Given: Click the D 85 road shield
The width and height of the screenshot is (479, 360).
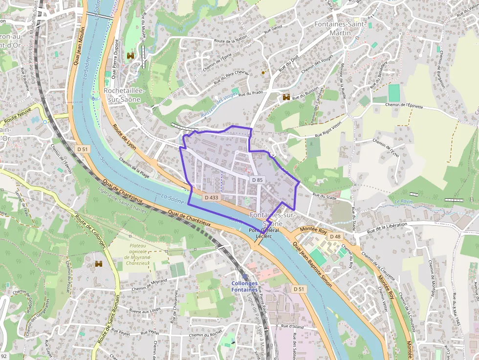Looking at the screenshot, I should click(258, 180).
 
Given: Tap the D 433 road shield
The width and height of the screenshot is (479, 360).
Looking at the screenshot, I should click(211, 197).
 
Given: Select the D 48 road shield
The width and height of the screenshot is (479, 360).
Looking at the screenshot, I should click(335, 237).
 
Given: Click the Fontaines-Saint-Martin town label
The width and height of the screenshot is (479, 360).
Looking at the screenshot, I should click(340, 28).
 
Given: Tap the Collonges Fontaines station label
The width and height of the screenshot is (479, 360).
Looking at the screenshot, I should click(244, 287).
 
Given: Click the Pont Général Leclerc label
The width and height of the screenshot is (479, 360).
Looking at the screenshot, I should click(263, 233).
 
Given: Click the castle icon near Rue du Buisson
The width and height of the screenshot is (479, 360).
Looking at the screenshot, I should click(286, 98).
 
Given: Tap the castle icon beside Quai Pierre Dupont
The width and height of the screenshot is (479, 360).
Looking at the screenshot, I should click(131, 56).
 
